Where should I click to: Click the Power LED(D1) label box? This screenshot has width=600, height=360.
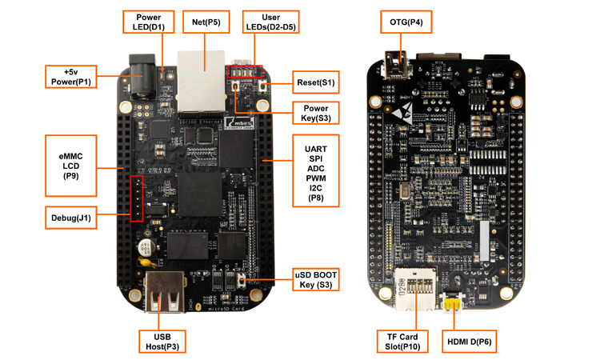(x=149, y=22)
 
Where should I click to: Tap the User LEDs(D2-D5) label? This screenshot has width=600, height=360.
(x=270, y=22)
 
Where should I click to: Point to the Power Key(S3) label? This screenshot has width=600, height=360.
(x=314, y=113)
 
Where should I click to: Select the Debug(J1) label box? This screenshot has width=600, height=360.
(x=72, y=216)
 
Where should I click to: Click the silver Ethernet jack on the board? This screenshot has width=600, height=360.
(x=202, y=78)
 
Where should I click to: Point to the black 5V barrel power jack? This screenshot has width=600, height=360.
(x=138, y=79)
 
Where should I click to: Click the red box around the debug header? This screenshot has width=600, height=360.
(x=138, y=198)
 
